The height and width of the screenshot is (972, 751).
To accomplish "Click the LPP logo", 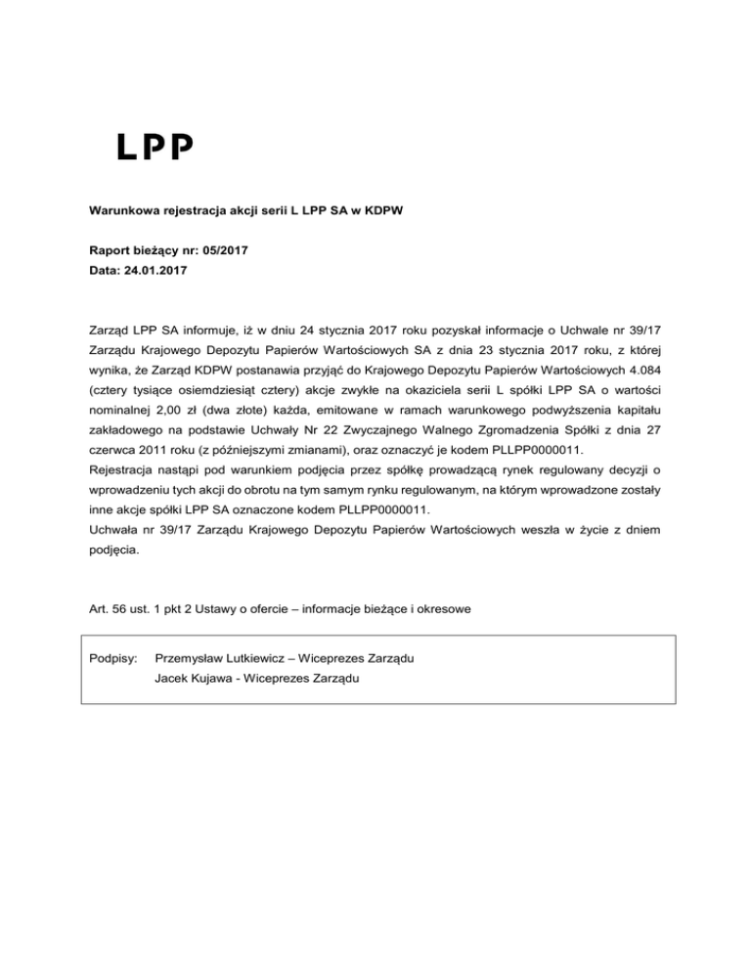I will [x=155, y=148].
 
